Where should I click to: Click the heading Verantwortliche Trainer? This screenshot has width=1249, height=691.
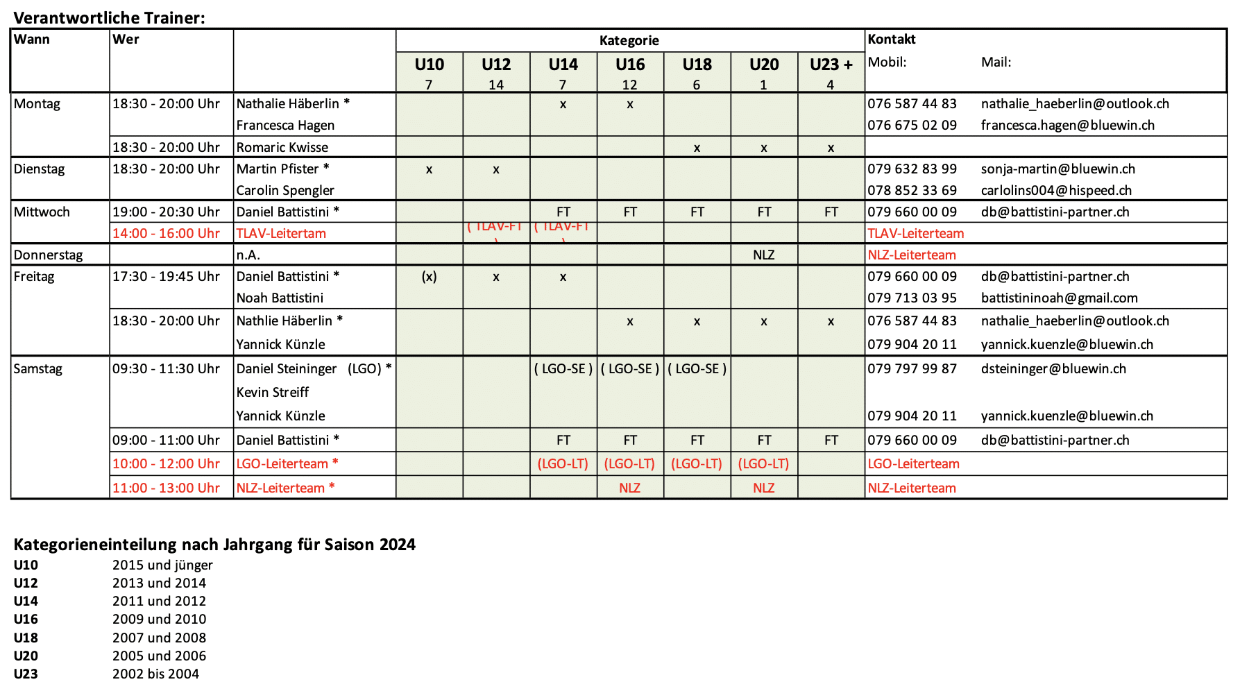click(109, 18)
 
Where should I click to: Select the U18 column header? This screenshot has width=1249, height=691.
click(697, 65)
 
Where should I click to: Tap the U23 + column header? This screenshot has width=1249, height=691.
click(831, 65)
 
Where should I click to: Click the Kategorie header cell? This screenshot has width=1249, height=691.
click(629, 40)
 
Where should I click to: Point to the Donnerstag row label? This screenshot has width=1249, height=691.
click(48, 255)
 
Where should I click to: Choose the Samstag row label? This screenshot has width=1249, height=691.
click(38, 368)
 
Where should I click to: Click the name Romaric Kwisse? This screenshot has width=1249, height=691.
click(282, 147)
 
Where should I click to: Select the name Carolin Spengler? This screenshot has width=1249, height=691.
click(285, 190)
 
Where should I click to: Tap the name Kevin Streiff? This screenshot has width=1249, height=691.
click(272, 392)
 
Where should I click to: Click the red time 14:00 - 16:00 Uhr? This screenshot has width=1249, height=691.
click(166, 233)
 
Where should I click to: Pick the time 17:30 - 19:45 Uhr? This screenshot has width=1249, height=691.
click(166, 276)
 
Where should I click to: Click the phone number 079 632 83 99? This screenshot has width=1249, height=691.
click(912, 169)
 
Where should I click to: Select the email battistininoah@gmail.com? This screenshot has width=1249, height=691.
click(1059, 298)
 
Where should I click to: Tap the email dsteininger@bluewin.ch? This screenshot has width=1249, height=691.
click(1053, 368)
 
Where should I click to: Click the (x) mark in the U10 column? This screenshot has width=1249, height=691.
click(429, 276)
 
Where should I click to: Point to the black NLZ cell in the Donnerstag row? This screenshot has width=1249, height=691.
click(763, 255)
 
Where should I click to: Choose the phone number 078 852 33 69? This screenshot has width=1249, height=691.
click(912, 190)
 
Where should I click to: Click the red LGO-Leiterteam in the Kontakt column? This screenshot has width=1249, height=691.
click(913, 463)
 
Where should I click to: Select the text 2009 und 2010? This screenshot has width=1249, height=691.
click(159, 619)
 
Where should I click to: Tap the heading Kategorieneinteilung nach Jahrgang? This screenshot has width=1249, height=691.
click(214, 545)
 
